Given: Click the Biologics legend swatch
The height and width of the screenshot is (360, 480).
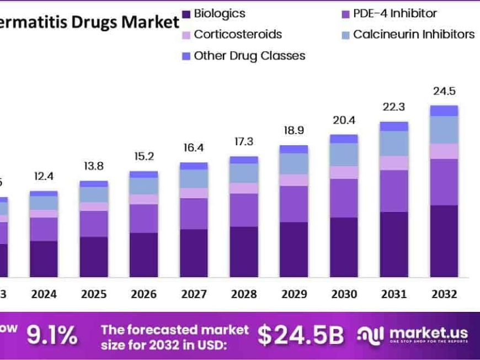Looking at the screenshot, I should pyautogui.click(x=185, y=14).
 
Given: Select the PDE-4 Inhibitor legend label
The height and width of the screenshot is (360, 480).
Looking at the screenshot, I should pyautogui.click(x=395, y=14).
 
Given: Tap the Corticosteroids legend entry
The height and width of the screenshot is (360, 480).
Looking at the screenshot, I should pyautogui.click(x=238, y=35).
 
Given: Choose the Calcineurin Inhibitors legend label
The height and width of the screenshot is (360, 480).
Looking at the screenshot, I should pyautogui.click(x=413, y=35).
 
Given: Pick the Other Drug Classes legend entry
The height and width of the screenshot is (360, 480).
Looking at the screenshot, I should pyautogui.click(x=249, y=56).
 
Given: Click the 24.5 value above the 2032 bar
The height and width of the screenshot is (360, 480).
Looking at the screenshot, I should pyautogui.click(x=444, y=91).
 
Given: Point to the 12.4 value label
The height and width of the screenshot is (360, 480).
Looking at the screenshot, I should pyautogui.click(x=44, y=177).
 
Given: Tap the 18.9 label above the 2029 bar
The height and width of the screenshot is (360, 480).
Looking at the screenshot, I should pyautogui.click(x=294, y=130).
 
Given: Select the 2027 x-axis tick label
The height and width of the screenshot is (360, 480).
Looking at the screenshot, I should pyautogui.click(x=194, y=294).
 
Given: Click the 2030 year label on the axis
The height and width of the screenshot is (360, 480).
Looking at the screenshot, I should pyautogui.click(x=344, y=294).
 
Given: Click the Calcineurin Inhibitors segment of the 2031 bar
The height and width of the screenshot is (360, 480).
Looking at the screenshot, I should pyautogui.click(x=394, y=143).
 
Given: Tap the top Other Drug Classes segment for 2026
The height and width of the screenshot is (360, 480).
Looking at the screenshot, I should pyautogui.click(x=144, y=174).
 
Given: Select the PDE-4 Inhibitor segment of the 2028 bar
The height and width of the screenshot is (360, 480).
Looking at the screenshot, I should pyautogui.click(x=244, y=210).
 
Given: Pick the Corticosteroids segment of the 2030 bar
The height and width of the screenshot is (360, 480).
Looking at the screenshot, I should pyautogui.click(x=344, y=172).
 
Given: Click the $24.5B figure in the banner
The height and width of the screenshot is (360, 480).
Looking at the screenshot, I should pyautogui.click(x=301, y=335).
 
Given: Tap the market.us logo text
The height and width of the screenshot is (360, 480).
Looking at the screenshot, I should pyautogui.click(x=429, y=333).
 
